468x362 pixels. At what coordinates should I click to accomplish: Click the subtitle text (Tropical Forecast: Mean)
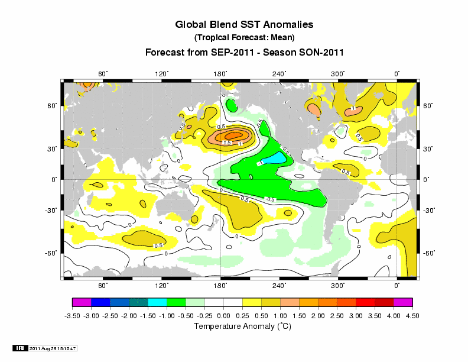point(244,38)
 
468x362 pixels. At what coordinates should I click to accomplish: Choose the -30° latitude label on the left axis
point(51,210)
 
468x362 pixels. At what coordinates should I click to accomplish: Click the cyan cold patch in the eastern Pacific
point(272,159)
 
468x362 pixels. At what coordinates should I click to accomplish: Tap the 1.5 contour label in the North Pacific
point(226,143)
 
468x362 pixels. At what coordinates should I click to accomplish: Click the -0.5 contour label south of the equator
point(271,199)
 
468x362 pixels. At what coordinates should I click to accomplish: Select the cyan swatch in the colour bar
point(157,303)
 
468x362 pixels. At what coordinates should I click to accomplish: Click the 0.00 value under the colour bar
point(223,316)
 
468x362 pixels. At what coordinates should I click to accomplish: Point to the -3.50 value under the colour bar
point(72,316)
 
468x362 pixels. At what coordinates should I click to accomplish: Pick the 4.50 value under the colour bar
point(412,316)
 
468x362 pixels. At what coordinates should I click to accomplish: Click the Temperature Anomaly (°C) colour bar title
point(243,327)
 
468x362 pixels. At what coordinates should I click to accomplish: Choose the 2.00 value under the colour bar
point(318,316)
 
